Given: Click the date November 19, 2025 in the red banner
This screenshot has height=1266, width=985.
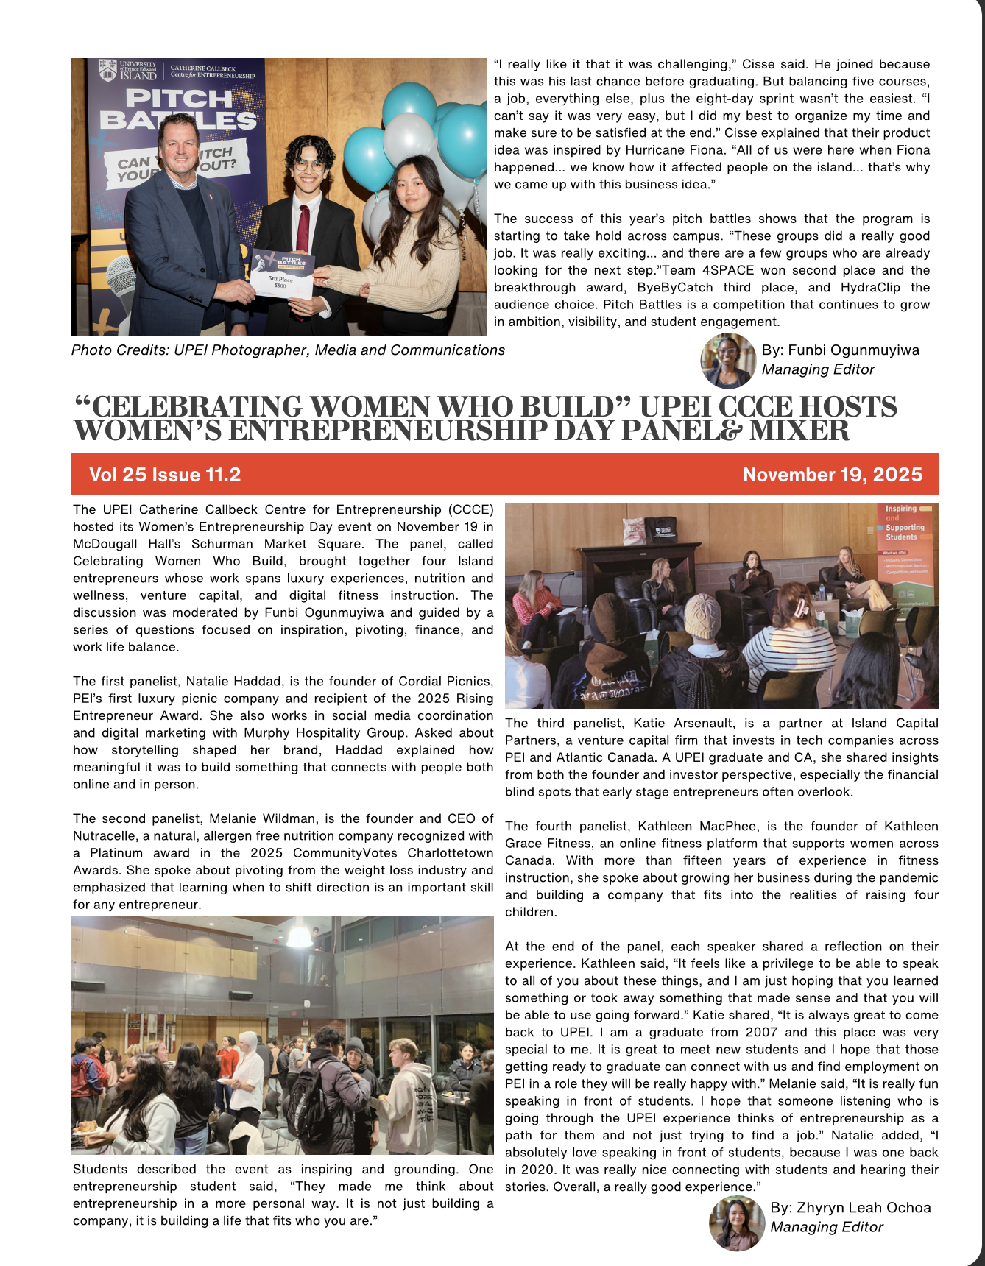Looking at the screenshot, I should coord(832,475).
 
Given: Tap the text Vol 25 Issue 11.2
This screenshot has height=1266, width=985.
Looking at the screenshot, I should coord(165,475).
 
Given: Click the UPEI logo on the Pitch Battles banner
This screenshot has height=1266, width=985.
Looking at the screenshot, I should coord(128,71).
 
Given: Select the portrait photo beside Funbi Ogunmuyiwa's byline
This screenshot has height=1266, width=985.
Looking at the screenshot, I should coord(728,361).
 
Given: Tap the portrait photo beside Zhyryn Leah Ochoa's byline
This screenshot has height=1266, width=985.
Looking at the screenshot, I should coord(737,1223).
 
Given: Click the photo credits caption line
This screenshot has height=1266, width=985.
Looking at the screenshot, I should coord(288,350).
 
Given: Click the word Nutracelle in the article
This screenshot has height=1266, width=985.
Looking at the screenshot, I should coord(105,836).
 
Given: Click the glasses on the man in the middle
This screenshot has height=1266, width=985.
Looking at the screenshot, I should coord(308,166).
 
